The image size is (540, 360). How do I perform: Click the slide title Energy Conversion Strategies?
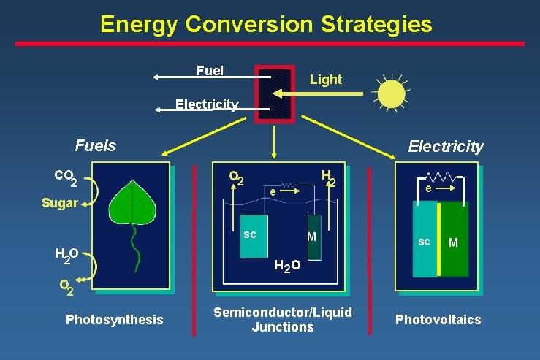[x=266, y=24]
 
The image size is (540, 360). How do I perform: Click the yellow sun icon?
[x=391, y=93]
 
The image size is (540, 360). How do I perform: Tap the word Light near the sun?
[x=325, y=80]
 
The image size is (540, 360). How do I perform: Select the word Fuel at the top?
[x=210, y=71]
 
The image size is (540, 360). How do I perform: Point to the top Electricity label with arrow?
[x=207, y=104]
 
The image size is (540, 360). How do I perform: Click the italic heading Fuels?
[x=95, y=146]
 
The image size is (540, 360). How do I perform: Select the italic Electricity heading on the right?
[x=445, y=147]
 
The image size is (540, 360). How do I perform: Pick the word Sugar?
[x=59, y=203]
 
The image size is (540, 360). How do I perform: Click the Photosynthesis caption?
[x=114, y=319]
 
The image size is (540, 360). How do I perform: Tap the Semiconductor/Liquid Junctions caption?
[x=282, y=319]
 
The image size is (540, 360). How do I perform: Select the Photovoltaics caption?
[x=438, y=319]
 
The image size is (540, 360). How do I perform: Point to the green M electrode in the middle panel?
[x=313, y=237]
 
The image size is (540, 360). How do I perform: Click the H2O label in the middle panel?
[x=286, y=268]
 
